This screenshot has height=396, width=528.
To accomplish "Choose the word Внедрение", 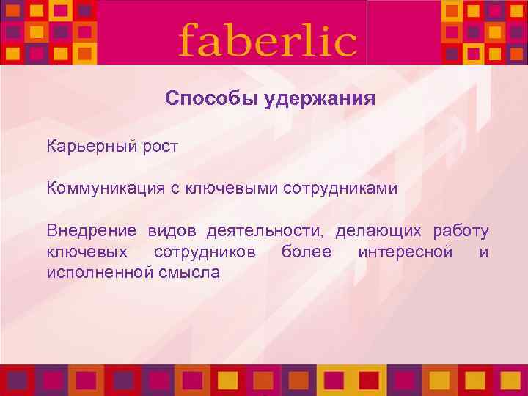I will (92, 232).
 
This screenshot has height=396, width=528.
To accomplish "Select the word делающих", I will (378, 232).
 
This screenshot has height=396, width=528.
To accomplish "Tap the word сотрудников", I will (205, 253).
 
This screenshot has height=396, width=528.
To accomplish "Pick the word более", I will (307, 253).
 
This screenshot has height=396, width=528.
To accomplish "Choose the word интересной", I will (405, 253).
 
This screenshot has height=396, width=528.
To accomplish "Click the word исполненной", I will (100, 274).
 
